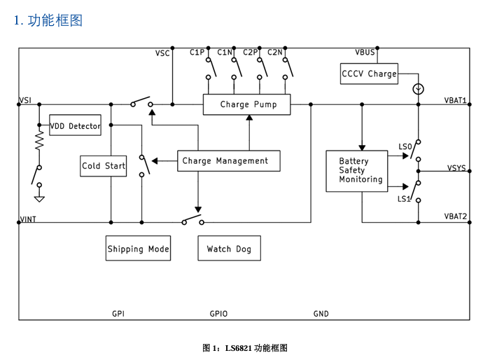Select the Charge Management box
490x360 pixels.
coord(228,160)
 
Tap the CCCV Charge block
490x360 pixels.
coord(369,73)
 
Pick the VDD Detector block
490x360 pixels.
coord(75,126)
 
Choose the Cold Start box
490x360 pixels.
coord(104,165)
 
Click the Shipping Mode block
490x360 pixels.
coord(138,249)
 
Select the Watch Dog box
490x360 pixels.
coord(228,249)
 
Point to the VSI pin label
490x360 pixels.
coord(25,101)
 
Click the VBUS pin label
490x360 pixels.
coord(365,53)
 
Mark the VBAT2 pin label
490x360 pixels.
coord(456,216)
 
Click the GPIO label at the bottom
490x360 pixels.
coord(218,314)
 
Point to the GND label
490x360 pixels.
coord(321,314)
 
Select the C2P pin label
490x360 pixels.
coord(251,53)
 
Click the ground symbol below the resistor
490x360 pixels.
coord(39,198)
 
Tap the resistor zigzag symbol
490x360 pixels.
coord(39,142)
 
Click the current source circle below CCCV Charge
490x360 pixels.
coord(418,89)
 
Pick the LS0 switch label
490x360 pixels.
coord(405,146)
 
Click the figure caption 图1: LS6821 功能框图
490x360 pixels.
coord(244,348)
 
